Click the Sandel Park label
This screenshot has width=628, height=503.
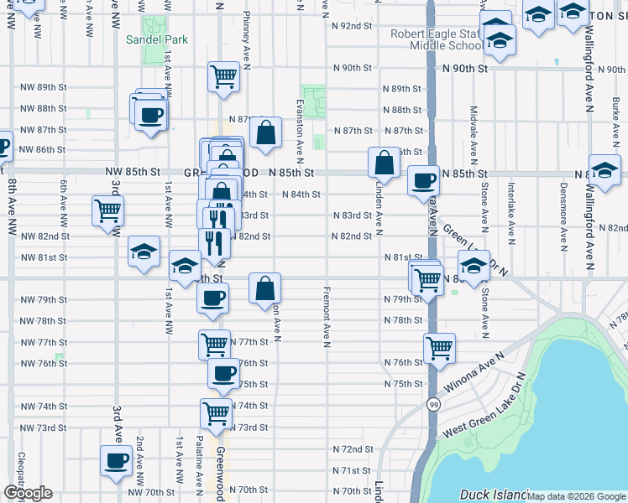pyautogui.click(x=156, y=39)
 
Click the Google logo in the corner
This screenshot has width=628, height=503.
pyautogui.click(x=28, y=493)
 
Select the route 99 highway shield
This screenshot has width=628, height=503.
pyautogui.click(x=432, y=404)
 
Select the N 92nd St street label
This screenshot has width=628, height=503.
pyautogui.click(x=352, y=26)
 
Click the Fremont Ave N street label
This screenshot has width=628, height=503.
pyautogui.click(x=326, y=318)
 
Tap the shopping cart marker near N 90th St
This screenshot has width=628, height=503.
pyautogui.click(x=224, y=76)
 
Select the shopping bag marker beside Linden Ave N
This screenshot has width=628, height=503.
pyautogui.click(x=384, y=162)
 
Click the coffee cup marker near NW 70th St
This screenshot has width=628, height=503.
pyautogui.click(x=116, y=460)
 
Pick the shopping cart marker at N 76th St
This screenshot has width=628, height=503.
pyautogui.click(x=439, y=347)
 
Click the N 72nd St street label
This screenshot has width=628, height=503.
pyautogui.click(x=352, y=449)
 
